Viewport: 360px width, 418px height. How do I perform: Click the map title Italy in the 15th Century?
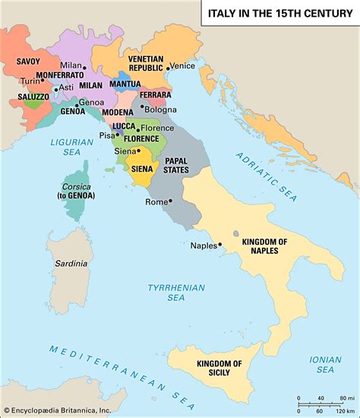pos(279,13)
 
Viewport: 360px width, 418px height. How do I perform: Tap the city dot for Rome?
pos(170,201)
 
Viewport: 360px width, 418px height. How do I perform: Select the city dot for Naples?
pos(220,245)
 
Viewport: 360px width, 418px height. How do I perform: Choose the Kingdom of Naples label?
pos(264,246)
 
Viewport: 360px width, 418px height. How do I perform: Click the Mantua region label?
pos(125,84)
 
